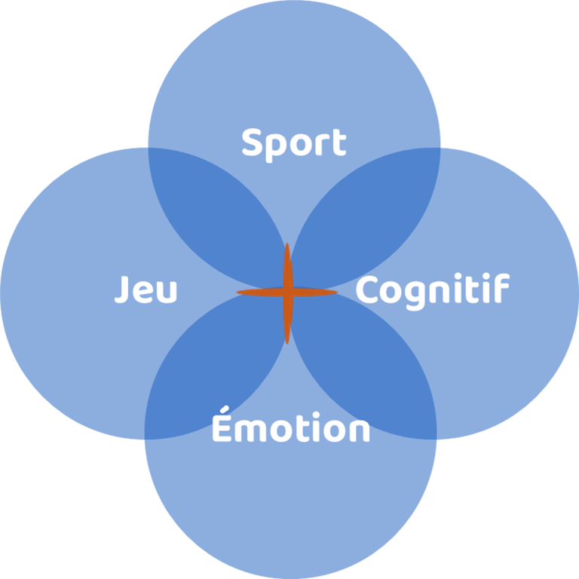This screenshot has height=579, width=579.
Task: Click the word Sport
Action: pos(294,143)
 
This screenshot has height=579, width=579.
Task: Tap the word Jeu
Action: pos(146,289)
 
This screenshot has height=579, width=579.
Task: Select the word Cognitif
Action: pos(432,290)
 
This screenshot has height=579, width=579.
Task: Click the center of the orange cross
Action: pos(286,293)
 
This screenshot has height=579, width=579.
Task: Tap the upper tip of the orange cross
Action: pos(286,245)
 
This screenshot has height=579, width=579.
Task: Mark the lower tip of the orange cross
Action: pos(286,343)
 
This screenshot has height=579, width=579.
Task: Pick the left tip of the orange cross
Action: pos(239,293)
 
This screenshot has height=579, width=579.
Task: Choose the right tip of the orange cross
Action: pos(336,293)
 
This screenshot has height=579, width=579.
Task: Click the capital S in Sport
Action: pos(253,142)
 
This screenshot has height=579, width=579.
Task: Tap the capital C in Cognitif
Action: pos(367,289)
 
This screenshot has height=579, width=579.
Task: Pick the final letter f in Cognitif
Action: pos(501,289)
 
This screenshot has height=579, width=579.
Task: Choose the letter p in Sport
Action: pos(277,147)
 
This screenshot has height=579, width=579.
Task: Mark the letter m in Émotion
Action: pos(250,430)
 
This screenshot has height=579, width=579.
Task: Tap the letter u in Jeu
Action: pos(167,293)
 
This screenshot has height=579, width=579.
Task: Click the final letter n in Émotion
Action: pos(359,430)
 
